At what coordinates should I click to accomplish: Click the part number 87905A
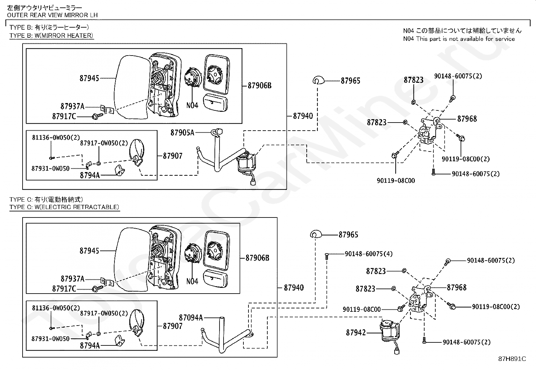tap(182, 133)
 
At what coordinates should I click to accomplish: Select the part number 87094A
tap(191, 317)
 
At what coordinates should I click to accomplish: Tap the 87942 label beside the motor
tap(356, 333)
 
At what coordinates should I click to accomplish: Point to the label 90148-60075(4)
tap(368, 254)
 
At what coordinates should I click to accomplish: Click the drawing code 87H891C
tap(512, 359)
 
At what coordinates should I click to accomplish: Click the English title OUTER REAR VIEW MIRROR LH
tap(52, 15)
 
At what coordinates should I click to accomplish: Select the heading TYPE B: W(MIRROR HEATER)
tap(51, 36)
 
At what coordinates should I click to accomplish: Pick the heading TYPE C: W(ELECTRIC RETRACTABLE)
tap(64, 207)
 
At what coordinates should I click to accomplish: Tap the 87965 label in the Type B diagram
tap(350, 80)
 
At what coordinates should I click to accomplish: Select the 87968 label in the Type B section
tap(467, 119)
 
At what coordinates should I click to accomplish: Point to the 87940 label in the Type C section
tap(294, 288)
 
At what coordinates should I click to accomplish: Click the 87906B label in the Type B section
tap(259, 86)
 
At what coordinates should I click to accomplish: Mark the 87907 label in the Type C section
tap(173, 326)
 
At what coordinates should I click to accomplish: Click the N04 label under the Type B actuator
tap(192, 105)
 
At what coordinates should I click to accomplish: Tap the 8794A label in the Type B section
tap(90, 175)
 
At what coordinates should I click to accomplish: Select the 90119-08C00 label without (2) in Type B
tap(396, 180)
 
